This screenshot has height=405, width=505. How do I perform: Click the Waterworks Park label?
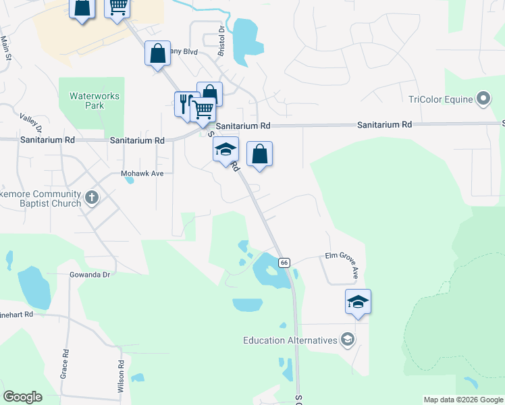[95, 101]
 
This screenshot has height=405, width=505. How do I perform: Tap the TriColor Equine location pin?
[483, 100]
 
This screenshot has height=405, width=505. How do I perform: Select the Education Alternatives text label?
[290, 340]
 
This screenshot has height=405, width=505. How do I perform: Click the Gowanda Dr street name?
[89, 275]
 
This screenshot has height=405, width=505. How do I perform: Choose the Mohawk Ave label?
[142, 173]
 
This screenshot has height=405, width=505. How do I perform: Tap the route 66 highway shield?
[284, 262]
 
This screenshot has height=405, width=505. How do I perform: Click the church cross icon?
[92, 197]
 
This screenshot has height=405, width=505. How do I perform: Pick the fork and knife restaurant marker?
[185, 104]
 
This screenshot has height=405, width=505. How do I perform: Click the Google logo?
[22, 397]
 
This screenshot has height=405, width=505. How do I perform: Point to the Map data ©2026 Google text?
[462, 400]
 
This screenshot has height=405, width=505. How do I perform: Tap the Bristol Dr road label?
[220, 43]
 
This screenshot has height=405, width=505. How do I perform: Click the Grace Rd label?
[65, 363]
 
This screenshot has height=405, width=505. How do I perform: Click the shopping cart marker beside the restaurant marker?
[203, 110]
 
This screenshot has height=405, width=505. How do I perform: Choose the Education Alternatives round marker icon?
[347, 340]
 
